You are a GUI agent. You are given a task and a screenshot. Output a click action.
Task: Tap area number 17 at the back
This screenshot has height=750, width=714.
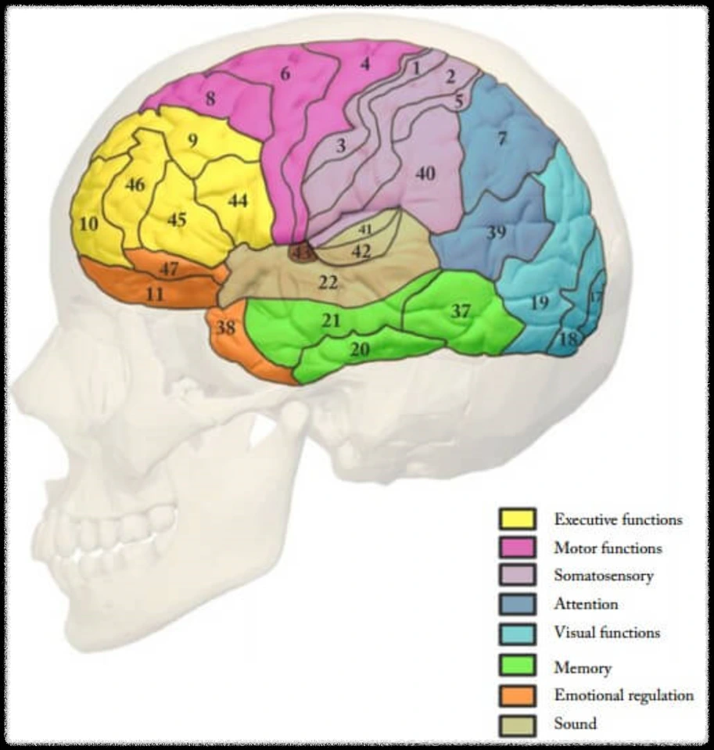597,298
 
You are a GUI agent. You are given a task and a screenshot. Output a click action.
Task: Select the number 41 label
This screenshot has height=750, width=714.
364,230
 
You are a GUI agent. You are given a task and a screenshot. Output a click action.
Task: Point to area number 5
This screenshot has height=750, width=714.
458,100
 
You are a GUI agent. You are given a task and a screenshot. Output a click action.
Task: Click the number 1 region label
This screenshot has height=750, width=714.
416,68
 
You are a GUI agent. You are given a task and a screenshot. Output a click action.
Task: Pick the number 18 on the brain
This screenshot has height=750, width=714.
569,339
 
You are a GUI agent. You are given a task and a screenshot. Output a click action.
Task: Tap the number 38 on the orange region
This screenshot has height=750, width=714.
226,328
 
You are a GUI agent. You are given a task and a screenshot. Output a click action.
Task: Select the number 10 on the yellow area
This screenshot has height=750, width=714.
89,224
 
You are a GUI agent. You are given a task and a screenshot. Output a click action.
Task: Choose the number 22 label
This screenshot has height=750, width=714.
328,282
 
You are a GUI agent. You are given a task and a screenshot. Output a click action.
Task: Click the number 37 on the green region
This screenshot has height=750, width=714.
461,311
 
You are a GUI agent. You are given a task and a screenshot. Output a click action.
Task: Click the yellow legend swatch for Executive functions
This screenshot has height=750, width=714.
517,519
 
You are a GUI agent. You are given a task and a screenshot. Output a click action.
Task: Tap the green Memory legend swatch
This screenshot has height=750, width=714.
517,667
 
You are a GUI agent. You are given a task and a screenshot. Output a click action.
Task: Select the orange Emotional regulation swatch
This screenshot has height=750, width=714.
517,695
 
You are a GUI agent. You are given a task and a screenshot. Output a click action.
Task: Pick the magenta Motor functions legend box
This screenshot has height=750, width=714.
517,547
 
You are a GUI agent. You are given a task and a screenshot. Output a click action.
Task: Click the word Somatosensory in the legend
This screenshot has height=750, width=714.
603,576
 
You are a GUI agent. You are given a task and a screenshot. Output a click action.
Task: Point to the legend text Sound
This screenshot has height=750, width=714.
575,723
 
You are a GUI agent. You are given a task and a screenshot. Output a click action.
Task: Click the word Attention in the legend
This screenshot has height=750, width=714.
586,604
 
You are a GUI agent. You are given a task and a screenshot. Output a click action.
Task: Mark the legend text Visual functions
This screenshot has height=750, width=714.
607,632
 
